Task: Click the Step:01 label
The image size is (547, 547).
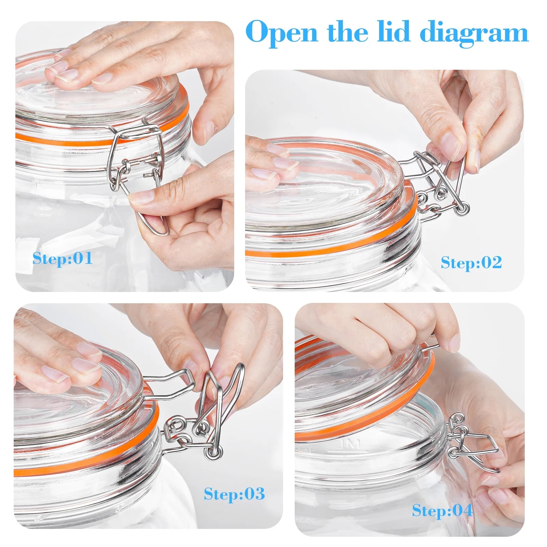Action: (x=63, y=258)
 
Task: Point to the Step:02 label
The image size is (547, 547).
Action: (x=471, y=263)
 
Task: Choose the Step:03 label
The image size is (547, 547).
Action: (x=235, y=494)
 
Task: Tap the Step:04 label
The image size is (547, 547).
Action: (x=442, y=511)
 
